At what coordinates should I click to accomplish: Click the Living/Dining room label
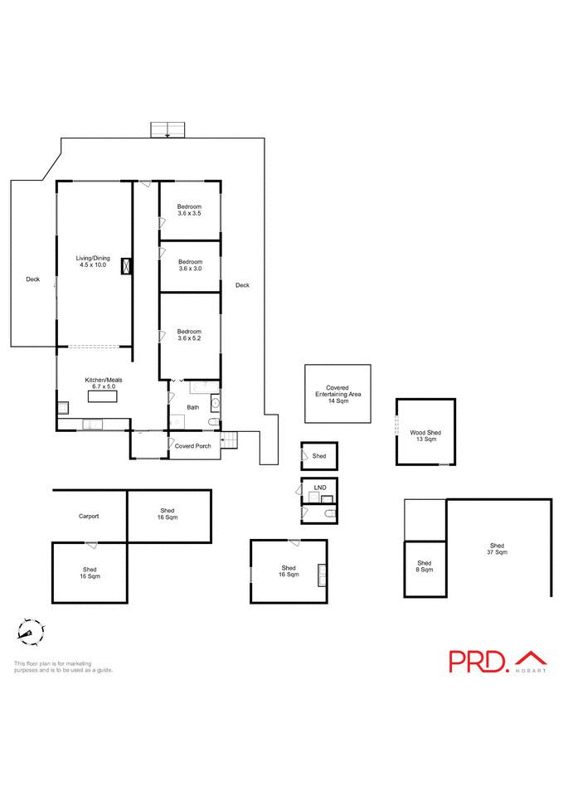93,260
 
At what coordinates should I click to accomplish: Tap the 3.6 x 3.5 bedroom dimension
189,214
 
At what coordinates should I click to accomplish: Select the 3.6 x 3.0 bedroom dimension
189,268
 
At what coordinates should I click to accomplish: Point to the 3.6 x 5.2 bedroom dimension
189,338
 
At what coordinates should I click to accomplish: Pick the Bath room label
193,407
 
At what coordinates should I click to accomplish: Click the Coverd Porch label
192,446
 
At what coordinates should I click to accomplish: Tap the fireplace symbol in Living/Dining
126,266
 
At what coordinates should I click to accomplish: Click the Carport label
89,516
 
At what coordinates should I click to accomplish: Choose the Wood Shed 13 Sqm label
425,435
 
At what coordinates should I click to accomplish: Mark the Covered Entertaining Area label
337,394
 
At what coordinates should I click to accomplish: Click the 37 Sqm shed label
497,549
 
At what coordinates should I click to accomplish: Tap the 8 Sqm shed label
425,566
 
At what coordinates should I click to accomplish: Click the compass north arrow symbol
30,633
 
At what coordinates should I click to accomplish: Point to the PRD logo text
478,661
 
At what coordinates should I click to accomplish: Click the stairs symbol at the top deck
168,130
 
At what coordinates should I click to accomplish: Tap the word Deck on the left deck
32,279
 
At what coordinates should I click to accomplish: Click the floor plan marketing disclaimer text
63,667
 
